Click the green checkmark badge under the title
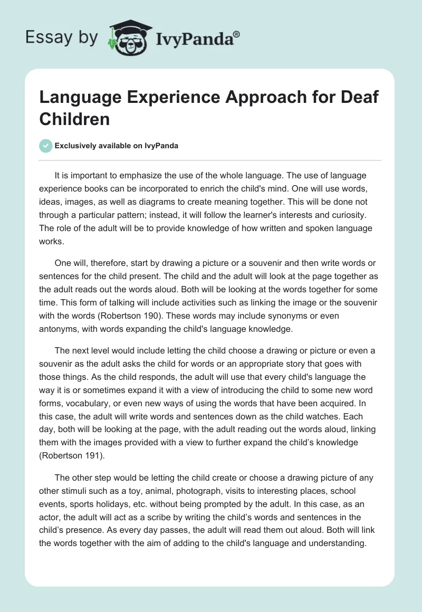[46, 146]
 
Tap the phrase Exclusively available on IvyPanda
[117, 146]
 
